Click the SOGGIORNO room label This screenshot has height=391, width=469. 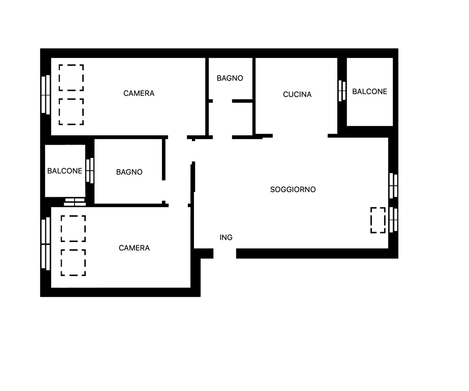293,189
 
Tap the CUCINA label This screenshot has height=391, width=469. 297,94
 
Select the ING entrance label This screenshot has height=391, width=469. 226,237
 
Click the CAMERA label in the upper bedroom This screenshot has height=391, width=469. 139,93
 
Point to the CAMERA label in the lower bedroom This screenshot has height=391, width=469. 134,248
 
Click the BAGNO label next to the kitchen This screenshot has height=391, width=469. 230,78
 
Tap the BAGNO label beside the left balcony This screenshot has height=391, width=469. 129,172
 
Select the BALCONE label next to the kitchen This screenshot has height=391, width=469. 369,91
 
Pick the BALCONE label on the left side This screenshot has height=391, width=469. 65,171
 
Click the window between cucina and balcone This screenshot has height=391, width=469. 342,91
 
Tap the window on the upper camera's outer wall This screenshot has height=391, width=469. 46,95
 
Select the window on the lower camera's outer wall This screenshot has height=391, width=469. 46,244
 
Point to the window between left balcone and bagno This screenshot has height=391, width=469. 90,170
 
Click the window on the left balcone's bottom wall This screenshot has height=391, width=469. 75,202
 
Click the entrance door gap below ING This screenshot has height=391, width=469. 225,253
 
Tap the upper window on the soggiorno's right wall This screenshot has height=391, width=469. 393,186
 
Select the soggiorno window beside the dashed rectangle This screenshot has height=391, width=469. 393,219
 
